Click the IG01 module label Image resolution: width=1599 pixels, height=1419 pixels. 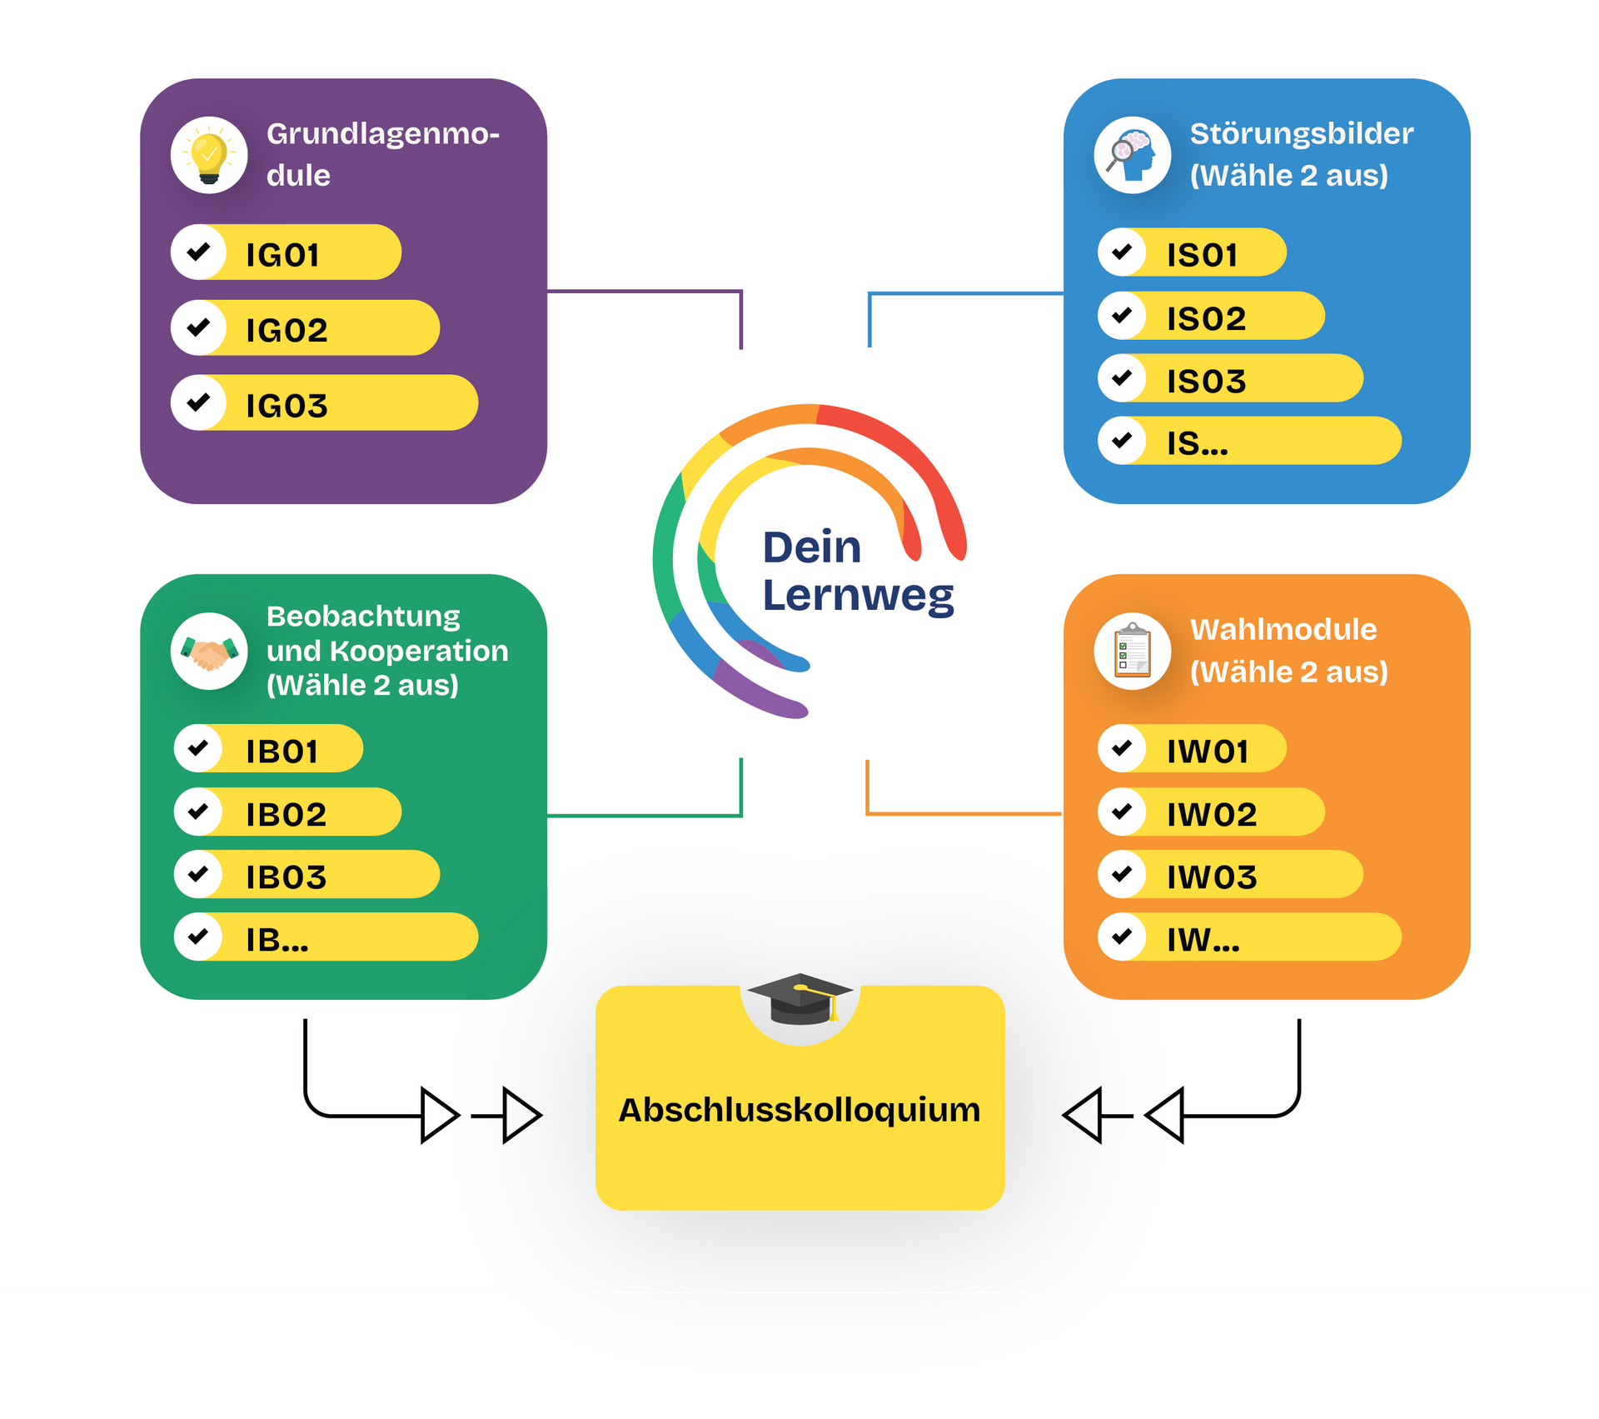click(x=282, y=255)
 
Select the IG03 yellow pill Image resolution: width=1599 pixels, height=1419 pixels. click(x=325, y=402)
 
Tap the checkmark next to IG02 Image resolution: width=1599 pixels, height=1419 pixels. click(x=198, y=327)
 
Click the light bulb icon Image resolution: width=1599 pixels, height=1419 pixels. click(x=209, y=155)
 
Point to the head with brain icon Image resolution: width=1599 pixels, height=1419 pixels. click(x=1132, y=155)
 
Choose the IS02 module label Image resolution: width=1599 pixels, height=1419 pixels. click(x=1206, y=318)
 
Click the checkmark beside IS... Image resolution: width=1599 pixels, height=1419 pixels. click(x=1122, y=440)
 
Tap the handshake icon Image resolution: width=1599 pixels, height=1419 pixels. click(x=209, y=652)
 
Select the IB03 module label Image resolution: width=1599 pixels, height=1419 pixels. click(x=286, y=877)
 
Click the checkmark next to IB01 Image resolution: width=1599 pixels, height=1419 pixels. click(x=198, y=748)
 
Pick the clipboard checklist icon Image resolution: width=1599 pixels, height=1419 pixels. click(x=1132, y=650)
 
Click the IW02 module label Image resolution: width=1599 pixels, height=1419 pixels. click(x=1212, y=814)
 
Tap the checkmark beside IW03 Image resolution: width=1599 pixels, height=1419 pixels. click(x=1122, y=873)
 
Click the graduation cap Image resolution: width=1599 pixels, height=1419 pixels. click(x=799, y=998)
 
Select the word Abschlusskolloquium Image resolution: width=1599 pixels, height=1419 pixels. click(x=799, y=1110)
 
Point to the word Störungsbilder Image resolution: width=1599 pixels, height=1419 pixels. click(x=1302, y=133)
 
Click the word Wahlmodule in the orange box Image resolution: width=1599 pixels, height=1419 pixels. click(x=1283, y=629)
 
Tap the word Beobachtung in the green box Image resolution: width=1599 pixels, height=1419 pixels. click(x=363, y=617)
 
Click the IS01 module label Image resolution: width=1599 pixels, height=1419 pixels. click(x=1202, y=255)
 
